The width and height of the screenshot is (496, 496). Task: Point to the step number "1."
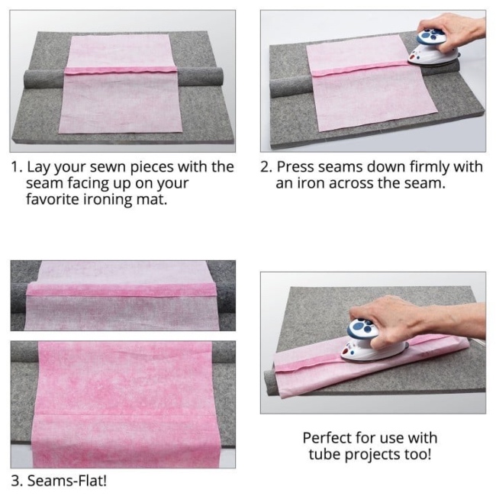pyautogui.click(x=17, y=167)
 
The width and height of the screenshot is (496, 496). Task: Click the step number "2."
pyautogui.click(x=266, y=167)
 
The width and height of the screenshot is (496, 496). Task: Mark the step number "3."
pyautogui.click(x=17, y=481)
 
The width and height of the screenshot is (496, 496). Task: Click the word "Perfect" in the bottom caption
pyautogui.click(x=330, y=438)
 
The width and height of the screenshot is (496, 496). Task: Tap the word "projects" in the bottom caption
pyautogui.click(x=378, y=456)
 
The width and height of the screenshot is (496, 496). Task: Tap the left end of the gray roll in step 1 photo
pyautogui.click(x=31, y=79)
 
